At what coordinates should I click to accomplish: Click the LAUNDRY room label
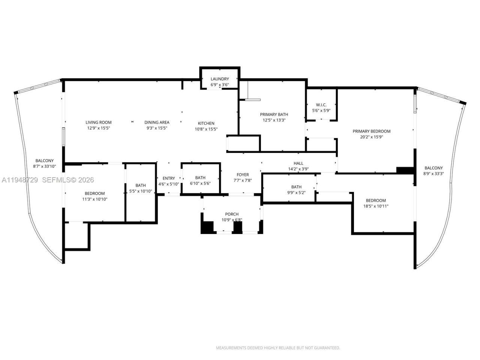(219, 79)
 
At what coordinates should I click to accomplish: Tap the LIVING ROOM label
(98, 122)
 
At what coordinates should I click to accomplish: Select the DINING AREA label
(157, 122)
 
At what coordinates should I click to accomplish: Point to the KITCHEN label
(206, 123)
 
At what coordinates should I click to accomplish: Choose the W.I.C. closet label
(321, 105)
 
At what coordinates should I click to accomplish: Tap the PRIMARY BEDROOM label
(371, 131)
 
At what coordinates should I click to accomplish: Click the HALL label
(298, 163)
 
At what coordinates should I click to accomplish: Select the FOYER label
(243, 175)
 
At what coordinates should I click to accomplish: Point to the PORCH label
(232, 214)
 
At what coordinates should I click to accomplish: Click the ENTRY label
(169, 178)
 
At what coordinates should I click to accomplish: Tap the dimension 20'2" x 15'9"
(371, 137)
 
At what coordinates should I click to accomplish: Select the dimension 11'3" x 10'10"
(94, 199)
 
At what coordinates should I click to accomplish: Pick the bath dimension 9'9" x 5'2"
(296, 193)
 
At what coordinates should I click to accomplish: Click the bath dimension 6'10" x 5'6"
(200, 184)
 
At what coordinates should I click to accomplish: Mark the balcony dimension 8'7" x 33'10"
(44, 166)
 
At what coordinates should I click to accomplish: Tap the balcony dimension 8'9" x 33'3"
(433, 174)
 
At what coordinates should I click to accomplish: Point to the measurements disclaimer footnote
(278, 348)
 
